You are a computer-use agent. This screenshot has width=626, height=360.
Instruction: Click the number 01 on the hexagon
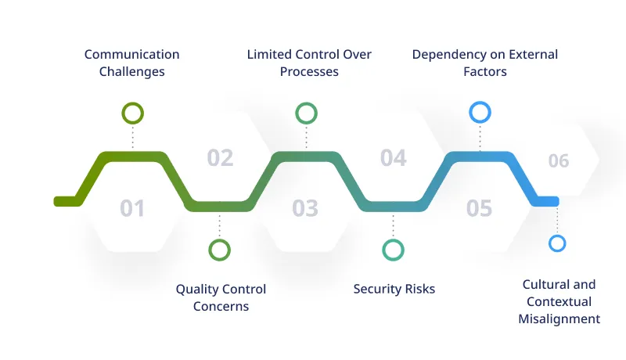[x=132, y=208]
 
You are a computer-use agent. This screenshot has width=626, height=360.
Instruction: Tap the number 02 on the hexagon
[x=220, y=158]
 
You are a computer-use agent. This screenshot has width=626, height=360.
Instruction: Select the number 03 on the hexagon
[x=305, y=208]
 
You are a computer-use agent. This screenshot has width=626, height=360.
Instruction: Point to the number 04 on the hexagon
[x=393, y=158]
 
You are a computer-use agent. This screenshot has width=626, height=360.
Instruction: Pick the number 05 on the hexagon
[x=479, y=208]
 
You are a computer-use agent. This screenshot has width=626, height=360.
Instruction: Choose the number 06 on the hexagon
[x=558, y=161]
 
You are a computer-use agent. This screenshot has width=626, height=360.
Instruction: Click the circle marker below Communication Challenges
[x=133, y=113]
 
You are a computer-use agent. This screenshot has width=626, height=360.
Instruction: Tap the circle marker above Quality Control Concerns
[x=220, y=250]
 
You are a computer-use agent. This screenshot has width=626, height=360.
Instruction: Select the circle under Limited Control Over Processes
[x=306, y=113]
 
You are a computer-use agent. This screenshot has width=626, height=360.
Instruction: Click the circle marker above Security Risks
[x=393, y=250]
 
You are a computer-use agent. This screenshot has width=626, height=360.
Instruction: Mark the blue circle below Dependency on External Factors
[x=480, y=113]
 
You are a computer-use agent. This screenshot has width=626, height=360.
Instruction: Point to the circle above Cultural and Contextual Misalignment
[x=557, y=243]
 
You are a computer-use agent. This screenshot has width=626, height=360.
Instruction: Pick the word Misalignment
[x=559, y=319]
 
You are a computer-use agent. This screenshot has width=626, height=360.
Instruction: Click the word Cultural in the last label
[x=545, y=284]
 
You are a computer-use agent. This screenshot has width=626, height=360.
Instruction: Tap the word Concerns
[x=221, y=307]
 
